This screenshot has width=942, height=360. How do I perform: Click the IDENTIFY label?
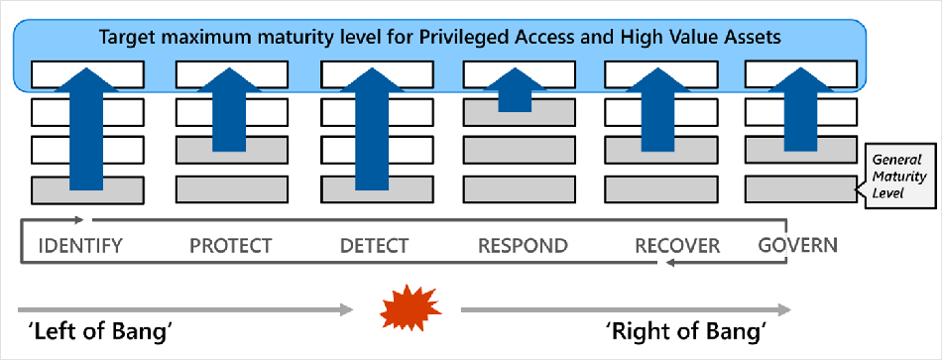tap(80, 245)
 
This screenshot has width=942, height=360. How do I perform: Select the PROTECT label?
tap(231, 245)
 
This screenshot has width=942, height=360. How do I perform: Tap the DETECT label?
tap(374, 245)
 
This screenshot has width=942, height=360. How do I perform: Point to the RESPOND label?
tap(523, 245)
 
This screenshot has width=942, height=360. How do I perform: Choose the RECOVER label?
tap(677, 245)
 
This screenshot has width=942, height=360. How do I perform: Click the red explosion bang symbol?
tap(411, 308)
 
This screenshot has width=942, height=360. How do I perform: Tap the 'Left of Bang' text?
tap(97, 331)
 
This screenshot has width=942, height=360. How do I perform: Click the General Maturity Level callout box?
tap(900, 177)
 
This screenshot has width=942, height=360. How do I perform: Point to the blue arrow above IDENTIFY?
tap(87, 129)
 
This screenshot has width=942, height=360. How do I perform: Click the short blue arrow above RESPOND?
tap(516, 89)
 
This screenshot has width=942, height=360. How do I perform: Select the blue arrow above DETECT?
tap(373, 129)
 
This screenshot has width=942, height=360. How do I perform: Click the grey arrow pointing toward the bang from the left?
tap(185, 309)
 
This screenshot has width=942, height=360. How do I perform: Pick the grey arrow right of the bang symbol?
tap(626, 309)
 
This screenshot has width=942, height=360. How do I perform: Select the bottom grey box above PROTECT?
tap(230, 189)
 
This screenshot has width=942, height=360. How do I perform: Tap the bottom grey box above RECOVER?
tap(660, 189)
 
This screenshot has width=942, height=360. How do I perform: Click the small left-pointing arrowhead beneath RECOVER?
tap(672, 263)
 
